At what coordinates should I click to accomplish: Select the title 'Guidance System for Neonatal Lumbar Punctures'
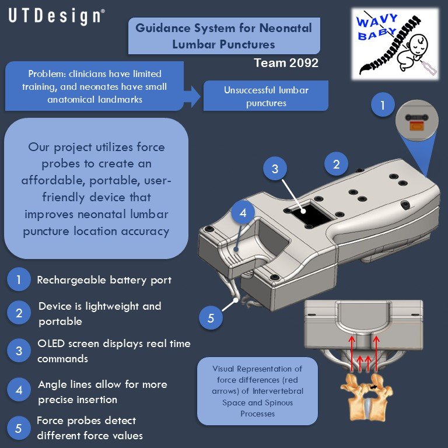[x=223, y=36]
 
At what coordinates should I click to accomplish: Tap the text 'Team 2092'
[x=286, y=63]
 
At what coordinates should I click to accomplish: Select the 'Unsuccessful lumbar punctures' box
[x=265, y=96]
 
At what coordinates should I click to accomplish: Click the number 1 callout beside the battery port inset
[x=383, y=106]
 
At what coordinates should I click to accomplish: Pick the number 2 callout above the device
[x=336, y=164]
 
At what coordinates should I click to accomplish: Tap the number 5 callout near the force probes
[x=211, y=318]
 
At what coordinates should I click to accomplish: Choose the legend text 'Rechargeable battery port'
[x=104, y=280]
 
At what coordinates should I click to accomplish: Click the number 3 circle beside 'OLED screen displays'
[x=19, y=351]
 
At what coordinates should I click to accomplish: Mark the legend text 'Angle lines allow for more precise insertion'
[x=102, y=391]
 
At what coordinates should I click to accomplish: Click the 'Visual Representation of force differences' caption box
[x=257, y=391]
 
